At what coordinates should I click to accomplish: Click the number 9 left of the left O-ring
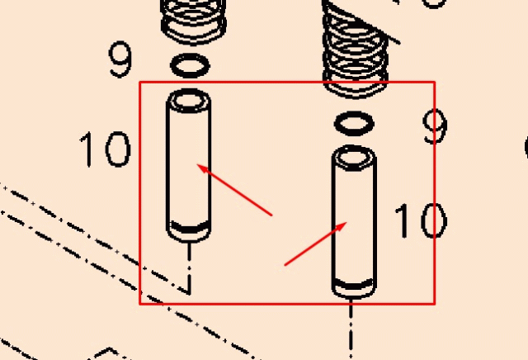(x=120, y=59)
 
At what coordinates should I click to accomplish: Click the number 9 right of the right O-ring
(x=434, y=126)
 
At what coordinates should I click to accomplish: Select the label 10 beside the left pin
(x=105, y=149)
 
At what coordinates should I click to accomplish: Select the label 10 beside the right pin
(x=419, y=221)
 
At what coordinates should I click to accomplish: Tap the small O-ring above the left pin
(x=189, y=64)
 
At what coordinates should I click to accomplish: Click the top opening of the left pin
(x=189, y=101)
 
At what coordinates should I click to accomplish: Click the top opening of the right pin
(x=354, y=156)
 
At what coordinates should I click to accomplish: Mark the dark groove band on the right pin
(x=354, y=285)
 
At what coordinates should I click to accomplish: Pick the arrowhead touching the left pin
(x=200, y=168)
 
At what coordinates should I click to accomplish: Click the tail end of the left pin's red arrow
(x=272, y=216)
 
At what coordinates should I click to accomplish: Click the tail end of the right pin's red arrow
(x=285, y=265)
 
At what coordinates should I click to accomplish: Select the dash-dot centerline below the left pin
(x=191, y=268)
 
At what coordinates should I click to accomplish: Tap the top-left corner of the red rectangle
(x=140, y=83)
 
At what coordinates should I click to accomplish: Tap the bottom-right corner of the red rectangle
(x=434, y=303)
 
